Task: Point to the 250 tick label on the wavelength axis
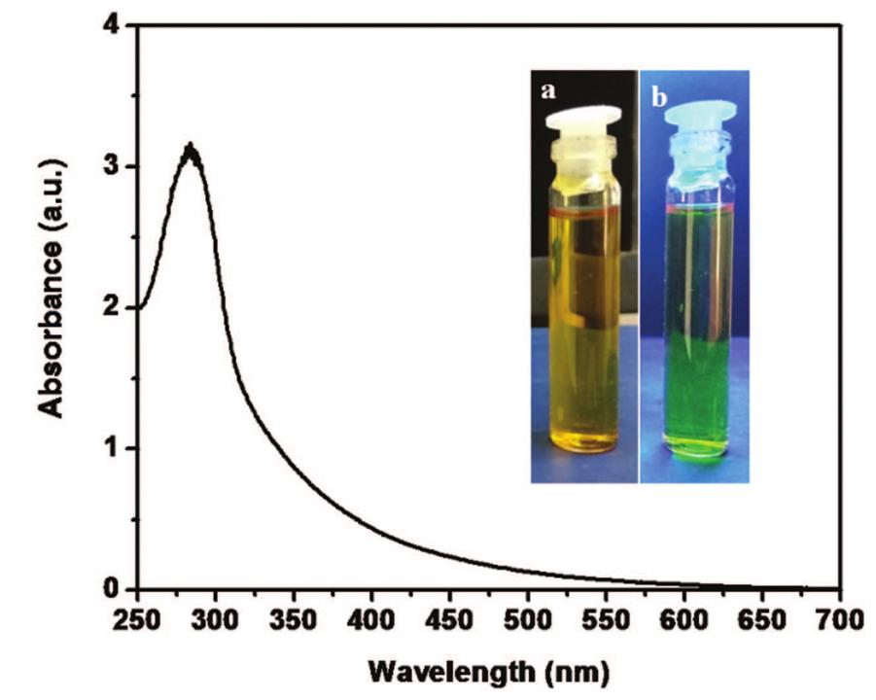click(x=137, y=620)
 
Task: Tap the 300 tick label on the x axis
click(x=215, y=620)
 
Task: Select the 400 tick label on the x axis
click(x=371, y=620)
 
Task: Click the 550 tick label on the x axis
click(x=606, y=620)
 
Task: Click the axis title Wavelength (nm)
click(x=489, y=672)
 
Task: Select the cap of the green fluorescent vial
click(x=696, y=122)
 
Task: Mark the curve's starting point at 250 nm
click(x=139, y=308)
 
